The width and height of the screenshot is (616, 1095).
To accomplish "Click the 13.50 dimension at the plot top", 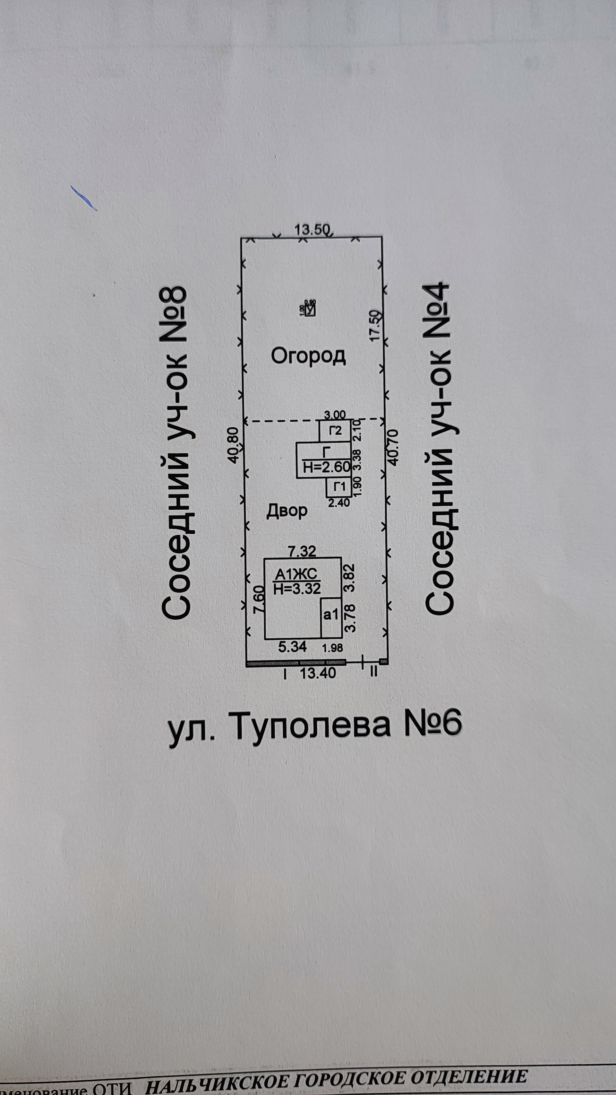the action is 312,230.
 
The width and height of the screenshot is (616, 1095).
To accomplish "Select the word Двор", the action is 287,511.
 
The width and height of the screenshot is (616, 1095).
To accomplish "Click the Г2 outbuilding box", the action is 336,431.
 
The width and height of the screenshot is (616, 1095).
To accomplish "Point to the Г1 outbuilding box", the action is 339,487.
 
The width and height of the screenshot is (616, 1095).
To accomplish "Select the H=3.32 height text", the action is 297,589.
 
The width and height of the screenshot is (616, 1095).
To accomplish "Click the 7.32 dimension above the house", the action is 303,551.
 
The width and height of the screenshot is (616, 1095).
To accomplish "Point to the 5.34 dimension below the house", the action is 292,647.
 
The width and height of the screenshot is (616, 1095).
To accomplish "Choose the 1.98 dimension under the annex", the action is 332,648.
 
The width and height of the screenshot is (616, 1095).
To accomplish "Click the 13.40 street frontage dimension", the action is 318,673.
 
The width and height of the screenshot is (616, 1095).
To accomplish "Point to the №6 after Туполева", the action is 432,723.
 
